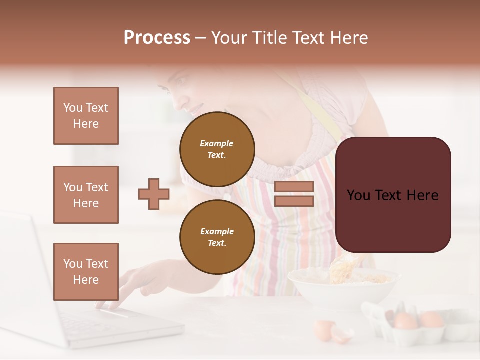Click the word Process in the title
[157, 38]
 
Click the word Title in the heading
[269, 38]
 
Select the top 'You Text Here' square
[86, 116]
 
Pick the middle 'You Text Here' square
[86, 195]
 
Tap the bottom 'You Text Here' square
[86, 271]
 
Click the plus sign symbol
[154, 194]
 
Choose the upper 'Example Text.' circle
[217, 149]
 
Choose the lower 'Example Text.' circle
[217, 237]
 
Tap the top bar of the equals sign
[294, 186]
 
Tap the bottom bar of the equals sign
[294, 201]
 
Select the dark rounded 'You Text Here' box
[393, 195]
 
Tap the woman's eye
[181, 81]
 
